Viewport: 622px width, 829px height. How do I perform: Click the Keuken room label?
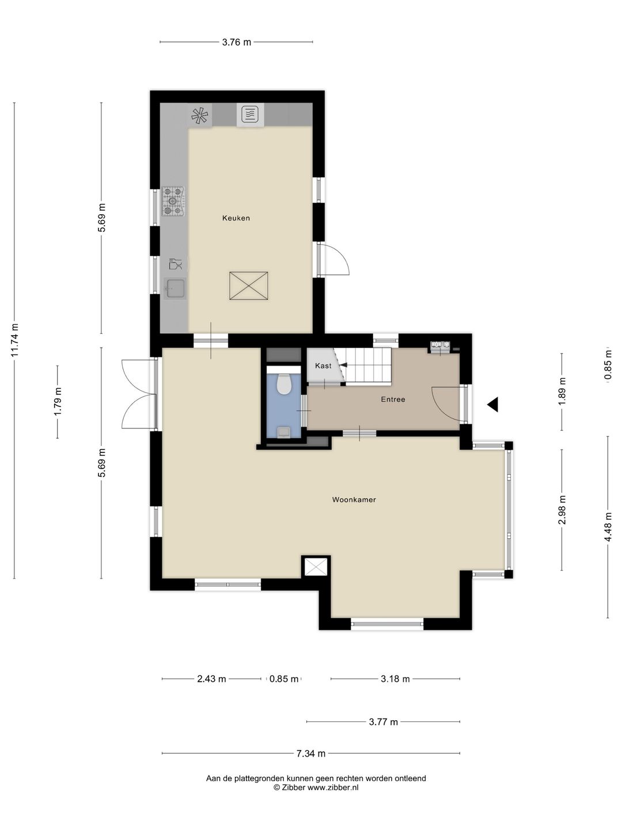[236, 218]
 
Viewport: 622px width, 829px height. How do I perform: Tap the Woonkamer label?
[354, 500]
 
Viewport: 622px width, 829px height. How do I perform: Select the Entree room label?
[393, 399]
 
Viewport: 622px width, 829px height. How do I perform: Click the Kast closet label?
[323, 366]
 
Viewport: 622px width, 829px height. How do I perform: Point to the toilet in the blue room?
[283, 384]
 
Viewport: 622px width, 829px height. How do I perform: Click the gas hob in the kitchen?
[174, 201]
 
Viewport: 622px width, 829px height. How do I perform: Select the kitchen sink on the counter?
[175, 289]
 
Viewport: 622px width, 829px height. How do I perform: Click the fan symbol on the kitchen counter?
[199, 115]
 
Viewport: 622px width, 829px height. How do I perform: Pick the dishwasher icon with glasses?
[175, 264]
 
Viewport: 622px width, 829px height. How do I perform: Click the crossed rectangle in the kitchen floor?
[248, 286]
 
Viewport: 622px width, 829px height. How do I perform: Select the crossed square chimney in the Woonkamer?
[316, 566]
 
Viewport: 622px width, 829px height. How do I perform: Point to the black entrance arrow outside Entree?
[493, 405]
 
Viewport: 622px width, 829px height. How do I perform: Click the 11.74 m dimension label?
[14, 340]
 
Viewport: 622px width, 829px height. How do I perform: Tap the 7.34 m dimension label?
[311, 754]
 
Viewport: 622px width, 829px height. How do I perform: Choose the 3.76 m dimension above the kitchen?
[236, 42]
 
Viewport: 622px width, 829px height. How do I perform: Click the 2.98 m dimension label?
[562, 510]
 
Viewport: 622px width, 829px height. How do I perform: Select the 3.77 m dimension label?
[384, 722]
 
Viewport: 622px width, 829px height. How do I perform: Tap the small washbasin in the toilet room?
[283, 432]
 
